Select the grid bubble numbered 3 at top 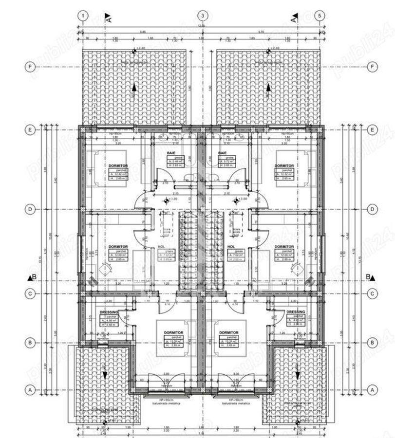[202, 16]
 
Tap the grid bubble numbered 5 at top [320, 16]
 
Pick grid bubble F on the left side [30, 66]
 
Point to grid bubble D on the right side [373, 210]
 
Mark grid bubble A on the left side [30, 390]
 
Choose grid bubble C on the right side [373, 293]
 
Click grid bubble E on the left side [30, 130]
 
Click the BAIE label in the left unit [171, 153]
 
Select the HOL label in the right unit [232, 247]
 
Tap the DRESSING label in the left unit [109, 311]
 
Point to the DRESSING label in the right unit [296, 311]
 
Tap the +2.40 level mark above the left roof [140, 49]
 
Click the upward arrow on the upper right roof [268, 88]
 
